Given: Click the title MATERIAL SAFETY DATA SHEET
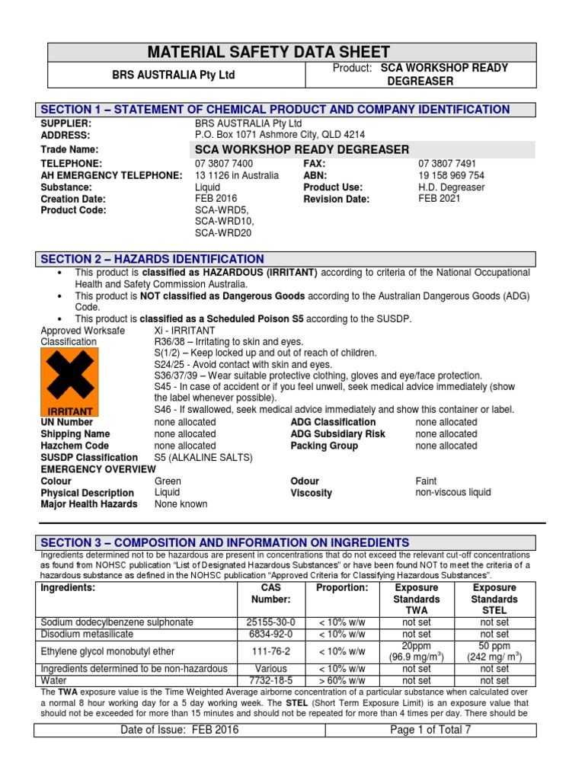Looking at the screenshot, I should tap(292, 52).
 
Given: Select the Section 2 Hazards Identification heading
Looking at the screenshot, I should tap(152, 259).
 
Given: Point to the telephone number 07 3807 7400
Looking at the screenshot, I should tap(224, 164).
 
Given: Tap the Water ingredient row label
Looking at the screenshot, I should tap(54, 680).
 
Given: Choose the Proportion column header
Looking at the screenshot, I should tap(342, 588).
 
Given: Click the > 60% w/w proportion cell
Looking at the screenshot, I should tap(342, 680).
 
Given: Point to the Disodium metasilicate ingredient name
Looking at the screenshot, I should tap(86, 634).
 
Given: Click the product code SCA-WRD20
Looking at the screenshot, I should tap(222, 233).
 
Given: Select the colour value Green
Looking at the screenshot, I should tap(168, 481).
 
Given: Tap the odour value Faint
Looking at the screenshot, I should tap(427, 481).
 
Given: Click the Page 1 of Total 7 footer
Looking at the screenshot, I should tap(430, 730).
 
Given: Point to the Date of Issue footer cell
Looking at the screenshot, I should tap(180, 730).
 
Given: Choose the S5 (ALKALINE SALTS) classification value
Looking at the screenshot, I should tap(203, 457).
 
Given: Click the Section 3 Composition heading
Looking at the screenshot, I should tap(225, 542).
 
